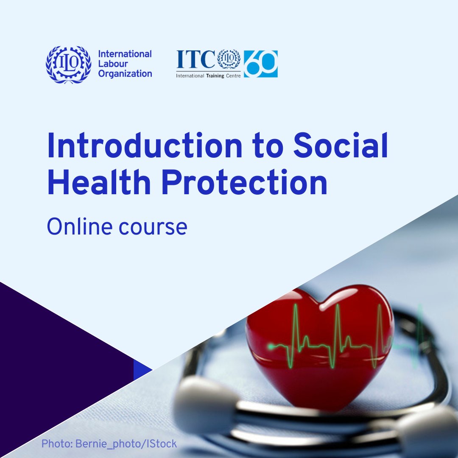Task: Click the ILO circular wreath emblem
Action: [68, 64]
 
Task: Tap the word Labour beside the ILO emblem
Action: [113, 64]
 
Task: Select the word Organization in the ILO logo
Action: [125, 74]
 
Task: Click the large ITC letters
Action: [195, 59]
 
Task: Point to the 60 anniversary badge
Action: [261, 64]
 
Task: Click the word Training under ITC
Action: [215, 75]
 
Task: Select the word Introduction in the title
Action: [145, 145]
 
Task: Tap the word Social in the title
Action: [341, 145]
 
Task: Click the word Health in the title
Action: [99, 182]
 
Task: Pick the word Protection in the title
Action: [245, 182]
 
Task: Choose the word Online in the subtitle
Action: [79, 226]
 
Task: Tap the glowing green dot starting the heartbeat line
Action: [271, 347]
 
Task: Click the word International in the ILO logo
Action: [125, 54]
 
